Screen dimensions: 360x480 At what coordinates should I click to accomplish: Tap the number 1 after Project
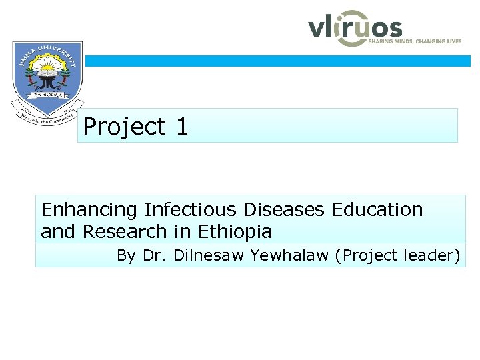coord(181,127)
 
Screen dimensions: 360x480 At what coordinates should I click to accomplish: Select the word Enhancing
coord(89,210)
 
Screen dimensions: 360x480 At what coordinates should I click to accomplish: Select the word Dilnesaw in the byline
coord(203,255)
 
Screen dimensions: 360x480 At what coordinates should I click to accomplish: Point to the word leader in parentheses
coord(437,255)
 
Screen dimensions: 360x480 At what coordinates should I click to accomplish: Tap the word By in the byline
coord(126,255)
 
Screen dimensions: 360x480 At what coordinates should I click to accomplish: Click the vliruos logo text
coord(355,28)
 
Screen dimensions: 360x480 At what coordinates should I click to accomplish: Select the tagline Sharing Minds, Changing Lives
coord(415,41)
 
